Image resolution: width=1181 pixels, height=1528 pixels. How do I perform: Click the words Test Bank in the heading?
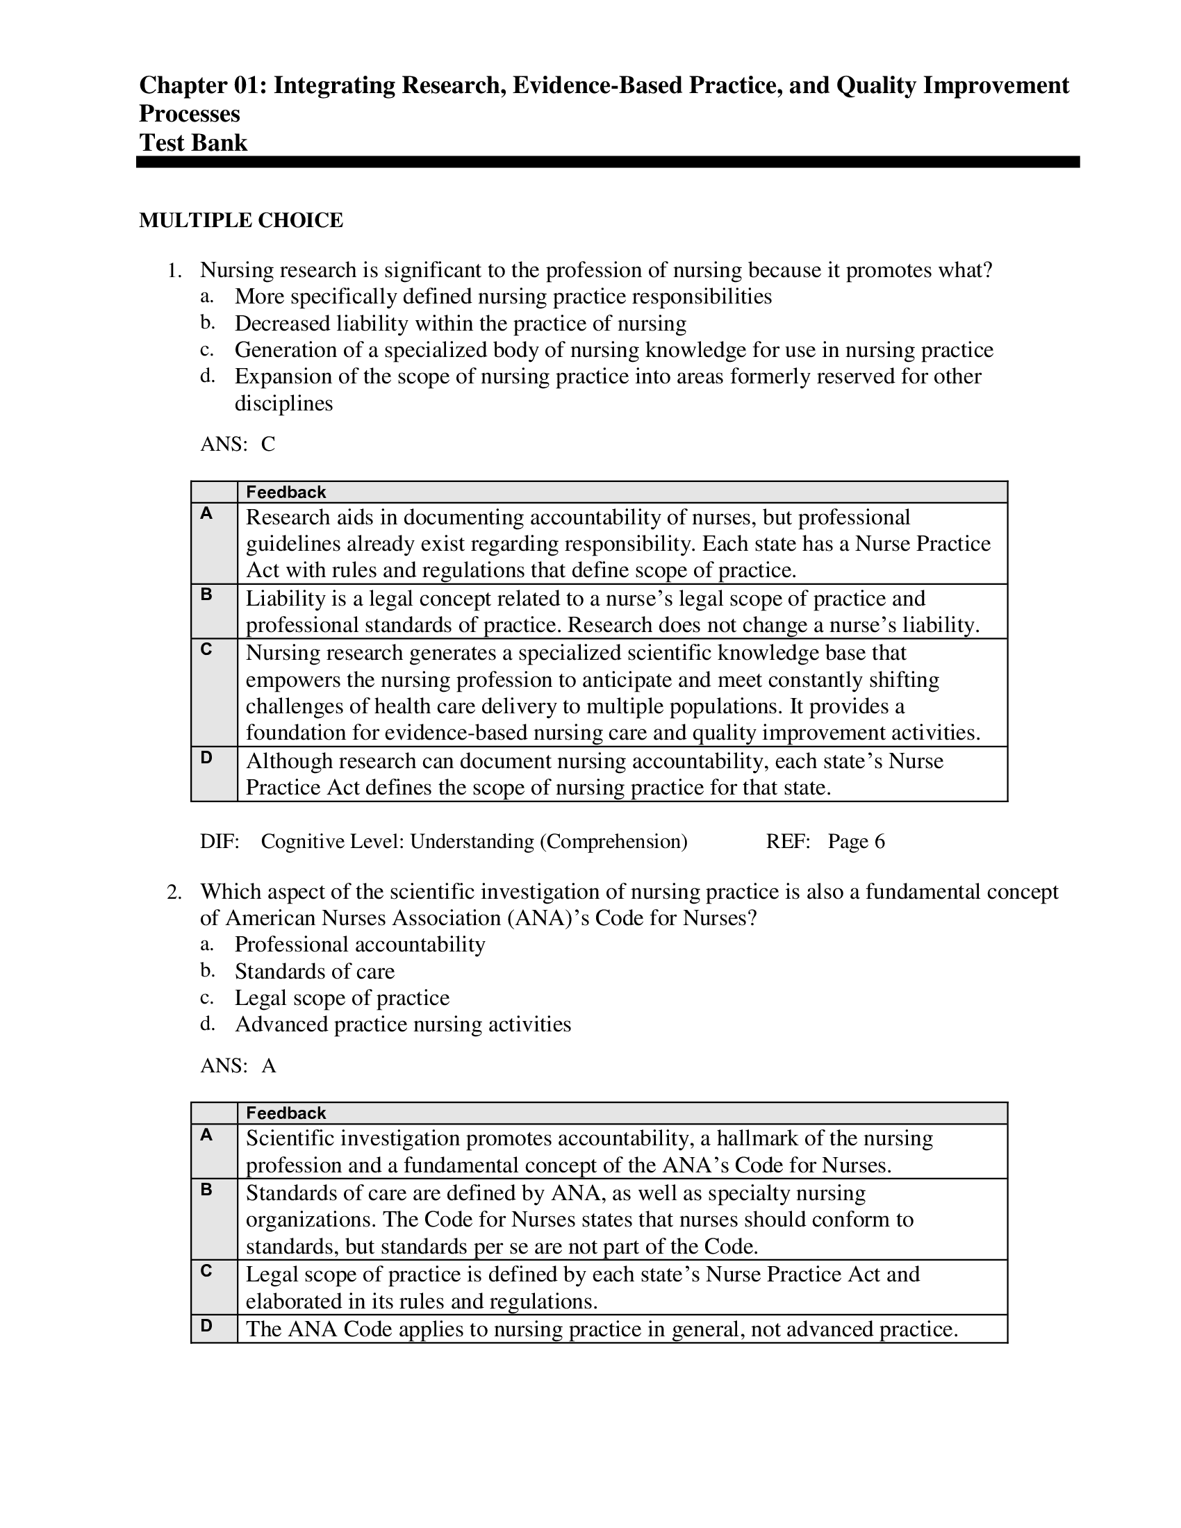193,142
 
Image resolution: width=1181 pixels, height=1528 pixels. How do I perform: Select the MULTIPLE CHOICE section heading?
240,220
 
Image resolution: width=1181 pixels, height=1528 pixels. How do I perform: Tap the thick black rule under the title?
607,163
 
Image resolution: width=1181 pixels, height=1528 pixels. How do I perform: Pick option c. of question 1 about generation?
613,350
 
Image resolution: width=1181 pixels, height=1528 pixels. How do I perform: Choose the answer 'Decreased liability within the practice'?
460,323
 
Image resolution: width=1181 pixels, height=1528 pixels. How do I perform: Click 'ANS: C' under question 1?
237,445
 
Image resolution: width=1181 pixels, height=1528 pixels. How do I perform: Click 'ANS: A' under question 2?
238,1065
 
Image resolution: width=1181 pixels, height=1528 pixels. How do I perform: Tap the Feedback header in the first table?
286,492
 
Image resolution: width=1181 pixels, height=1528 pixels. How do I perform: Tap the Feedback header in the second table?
286,1113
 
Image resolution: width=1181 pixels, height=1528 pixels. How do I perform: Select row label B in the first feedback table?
206,595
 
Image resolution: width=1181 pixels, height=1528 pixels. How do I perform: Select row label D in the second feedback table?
206,1325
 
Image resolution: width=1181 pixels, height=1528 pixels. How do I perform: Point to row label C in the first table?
206,649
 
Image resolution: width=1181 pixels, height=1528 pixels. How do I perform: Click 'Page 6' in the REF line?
856,842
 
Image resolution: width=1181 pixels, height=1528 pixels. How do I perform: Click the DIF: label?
220,842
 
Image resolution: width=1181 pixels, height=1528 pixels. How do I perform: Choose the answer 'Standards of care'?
314,971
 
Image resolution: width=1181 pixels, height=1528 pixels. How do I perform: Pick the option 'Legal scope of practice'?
341,997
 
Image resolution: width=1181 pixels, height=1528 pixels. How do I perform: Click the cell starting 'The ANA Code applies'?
601,1329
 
